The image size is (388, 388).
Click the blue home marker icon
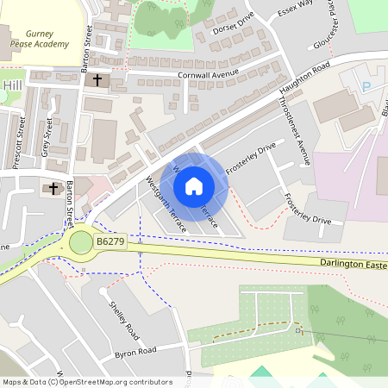click(194, 185)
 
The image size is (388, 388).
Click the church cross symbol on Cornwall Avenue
click(97, 81)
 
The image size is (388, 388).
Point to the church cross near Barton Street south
click(53, 188)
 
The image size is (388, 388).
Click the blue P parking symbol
click(366, 86)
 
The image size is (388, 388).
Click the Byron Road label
click(135, 352)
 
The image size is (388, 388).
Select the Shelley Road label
click(123, 318)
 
